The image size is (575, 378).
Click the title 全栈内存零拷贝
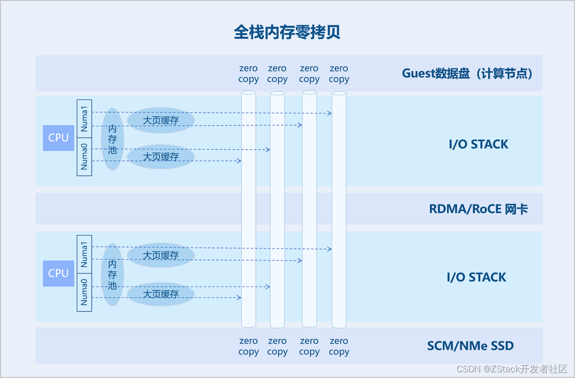click(287, 33)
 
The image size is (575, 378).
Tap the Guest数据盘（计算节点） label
click(467, 74)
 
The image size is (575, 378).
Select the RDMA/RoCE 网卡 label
click(478, 209)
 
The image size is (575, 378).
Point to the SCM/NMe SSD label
click(470, 345)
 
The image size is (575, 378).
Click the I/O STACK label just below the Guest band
click(478, 144)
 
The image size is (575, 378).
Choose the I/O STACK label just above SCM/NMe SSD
click(476, 277)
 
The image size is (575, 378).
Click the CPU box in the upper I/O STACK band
click(58, 138)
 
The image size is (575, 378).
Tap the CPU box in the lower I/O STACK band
click(58, 273)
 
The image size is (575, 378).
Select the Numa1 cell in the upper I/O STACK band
click(84, 119)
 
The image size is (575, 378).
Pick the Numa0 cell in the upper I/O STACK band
click(84, 157)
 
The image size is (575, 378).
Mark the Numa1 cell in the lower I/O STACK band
click(84, 254)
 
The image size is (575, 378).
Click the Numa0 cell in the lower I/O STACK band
click(84, 292)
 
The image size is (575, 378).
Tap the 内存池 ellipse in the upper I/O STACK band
click(113, 139)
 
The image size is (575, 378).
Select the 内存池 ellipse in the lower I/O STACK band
click(113, 275)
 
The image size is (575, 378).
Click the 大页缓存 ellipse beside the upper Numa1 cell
click(161, 120)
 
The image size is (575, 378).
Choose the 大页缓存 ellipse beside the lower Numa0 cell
click(161, 294)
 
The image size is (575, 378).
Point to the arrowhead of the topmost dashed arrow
click(330, 113)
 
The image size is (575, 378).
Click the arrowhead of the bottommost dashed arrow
click(239, 298)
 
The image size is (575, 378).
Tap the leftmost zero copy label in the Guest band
click(248, 74)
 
